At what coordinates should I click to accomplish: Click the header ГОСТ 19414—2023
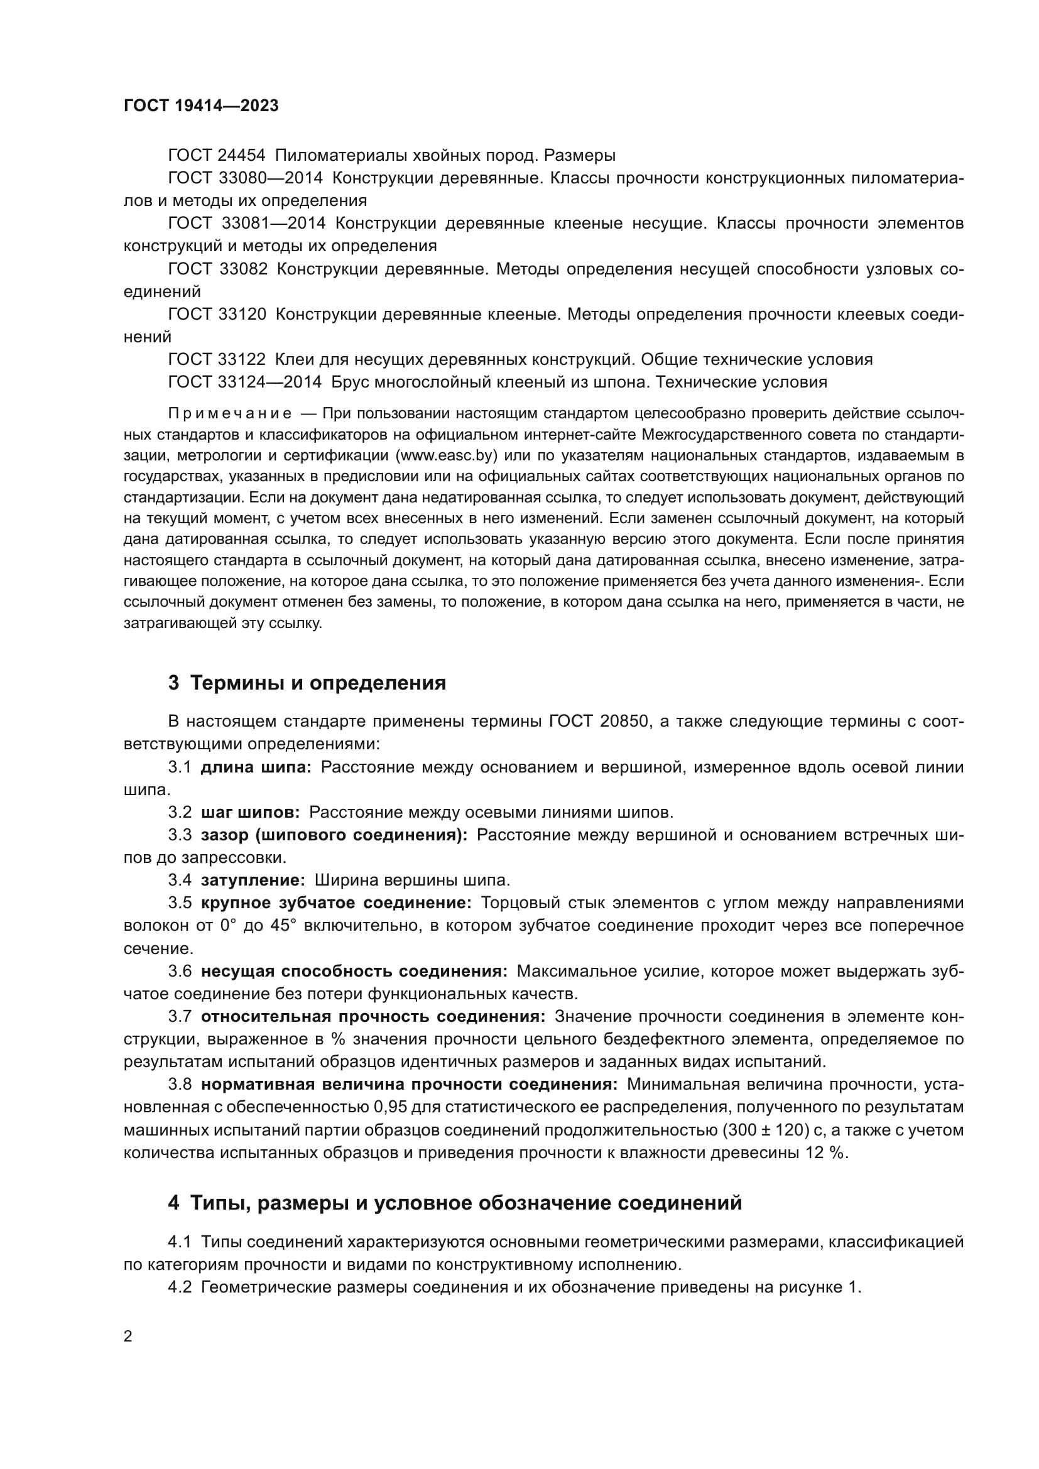pos(201,106)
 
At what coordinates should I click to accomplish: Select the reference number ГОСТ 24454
pos(217,156)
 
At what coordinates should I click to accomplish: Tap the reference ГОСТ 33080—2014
pos(245,178)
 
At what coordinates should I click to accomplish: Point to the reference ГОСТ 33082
pos(217,269)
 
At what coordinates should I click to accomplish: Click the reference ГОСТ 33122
pos(217,360)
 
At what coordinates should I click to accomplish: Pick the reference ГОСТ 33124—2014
pos(245,382)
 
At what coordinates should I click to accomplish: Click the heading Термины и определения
pos(318,683)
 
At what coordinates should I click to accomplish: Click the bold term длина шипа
pos(255,767)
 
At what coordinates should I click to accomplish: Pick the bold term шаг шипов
pos(250,813)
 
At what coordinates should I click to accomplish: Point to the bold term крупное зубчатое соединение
pos(336,903)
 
